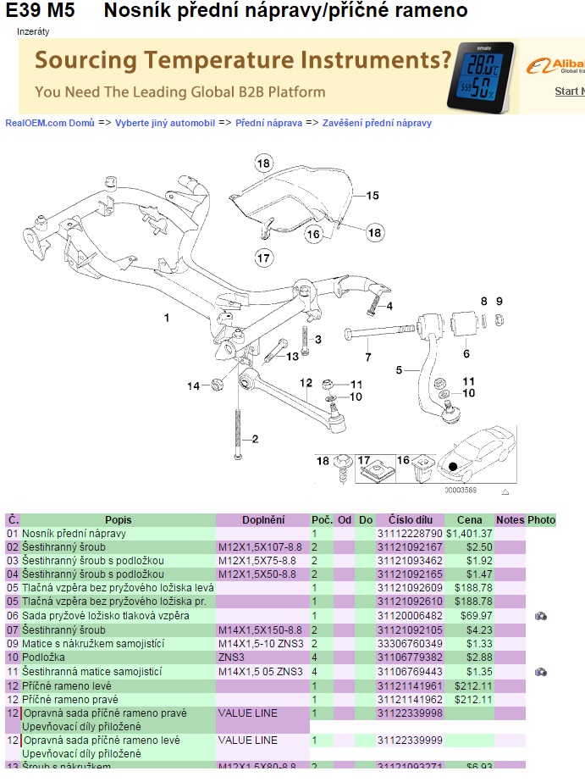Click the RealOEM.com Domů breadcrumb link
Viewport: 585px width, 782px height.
[50, 123]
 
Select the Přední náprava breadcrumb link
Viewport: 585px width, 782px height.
[268, 123]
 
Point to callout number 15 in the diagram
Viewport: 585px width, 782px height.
[373, 195]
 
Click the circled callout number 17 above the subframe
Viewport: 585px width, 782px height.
[263, 257]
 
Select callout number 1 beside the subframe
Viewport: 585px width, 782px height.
[167, 318]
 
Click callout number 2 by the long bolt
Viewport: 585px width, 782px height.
[253, 438]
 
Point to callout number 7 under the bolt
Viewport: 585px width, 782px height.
[368, 357]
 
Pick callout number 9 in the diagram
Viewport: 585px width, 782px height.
[499, 301]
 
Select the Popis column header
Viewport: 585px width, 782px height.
[119, 519]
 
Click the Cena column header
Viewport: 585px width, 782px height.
[469, 519]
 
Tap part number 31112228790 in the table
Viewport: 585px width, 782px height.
[410, 534]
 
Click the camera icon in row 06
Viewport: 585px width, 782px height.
[541, 616]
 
